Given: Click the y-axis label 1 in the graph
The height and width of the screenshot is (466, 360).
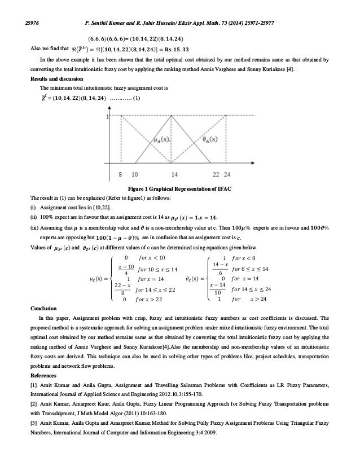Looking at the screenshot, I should [x=107, y=117].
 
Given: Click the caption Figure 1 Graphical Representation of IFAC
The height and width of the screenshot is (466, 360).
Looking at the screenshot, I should [x=179, y=188].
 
